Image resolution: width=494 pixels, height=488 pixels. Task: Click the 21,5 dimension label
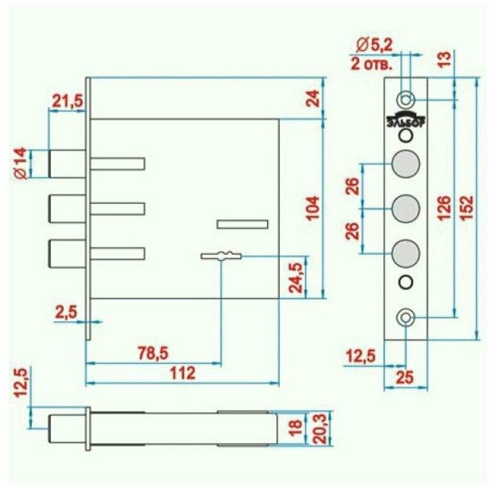coord(67,101)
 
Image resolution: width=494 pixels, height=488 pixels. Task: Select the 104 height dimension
coord(314,208)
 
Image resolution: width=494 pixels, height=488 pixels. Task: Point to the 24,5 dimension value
coord(296,278)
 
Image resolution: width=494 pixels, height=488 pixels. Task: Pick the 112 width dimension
coord(183,373)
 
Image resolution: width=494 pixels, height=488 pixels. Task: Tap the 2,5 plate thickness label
coord(66,311)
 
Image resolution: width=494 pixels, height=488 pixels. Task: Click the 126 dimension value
coord(444,208)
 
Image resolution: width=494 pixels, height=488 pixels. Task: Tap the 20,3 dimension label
coord(321,429)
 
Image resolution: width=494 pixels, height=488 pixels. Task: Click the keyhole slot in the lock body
coord(221,256)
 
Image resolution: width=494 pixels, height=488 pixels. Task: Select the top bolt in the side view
coord(67,164)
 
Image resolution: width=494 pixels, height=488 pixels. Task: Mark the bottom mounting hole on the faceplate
coord(406,318)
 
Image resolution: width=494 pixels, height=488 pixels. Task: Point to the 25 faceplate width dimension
coord(405,378)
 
